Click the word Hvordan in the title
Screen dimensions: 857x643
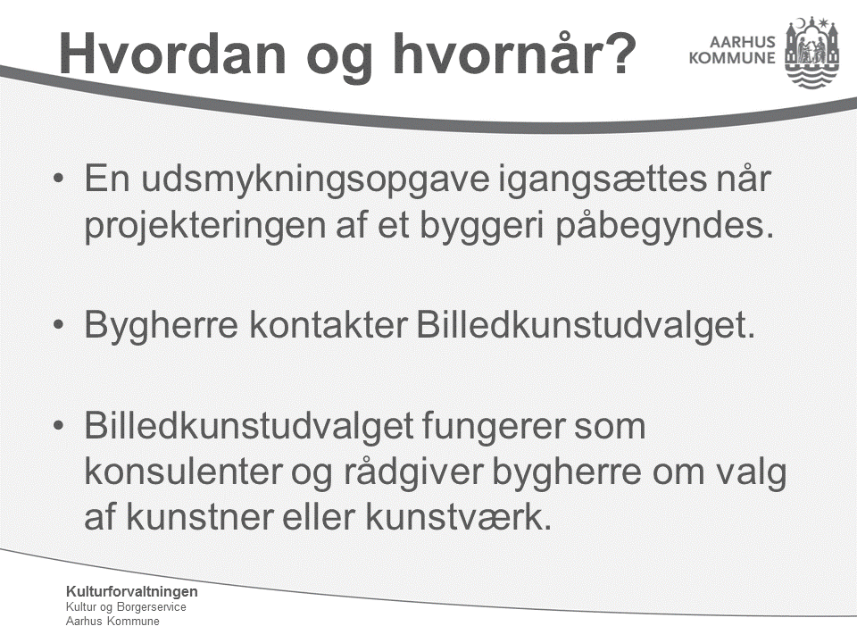point(172,54)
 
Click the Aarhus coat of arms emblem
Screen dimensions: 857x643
point(811,52)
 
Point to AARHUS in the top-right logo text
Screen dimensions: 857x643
point(742,42)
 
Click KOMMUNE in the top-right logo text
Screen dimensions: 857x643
point(732,58)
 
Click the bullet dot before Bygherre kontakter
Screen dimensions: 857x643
point(59,325)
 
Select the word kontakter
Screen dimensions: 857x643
point(329,325)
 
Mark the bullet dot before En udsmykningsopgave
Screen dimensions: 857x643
point(59,179)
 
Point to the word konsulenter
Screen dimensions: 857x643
point(182,472)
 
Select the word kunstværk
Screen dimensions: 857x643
point(459,517)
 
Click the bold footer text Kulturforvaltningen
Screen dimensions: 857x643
point(132,591)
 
